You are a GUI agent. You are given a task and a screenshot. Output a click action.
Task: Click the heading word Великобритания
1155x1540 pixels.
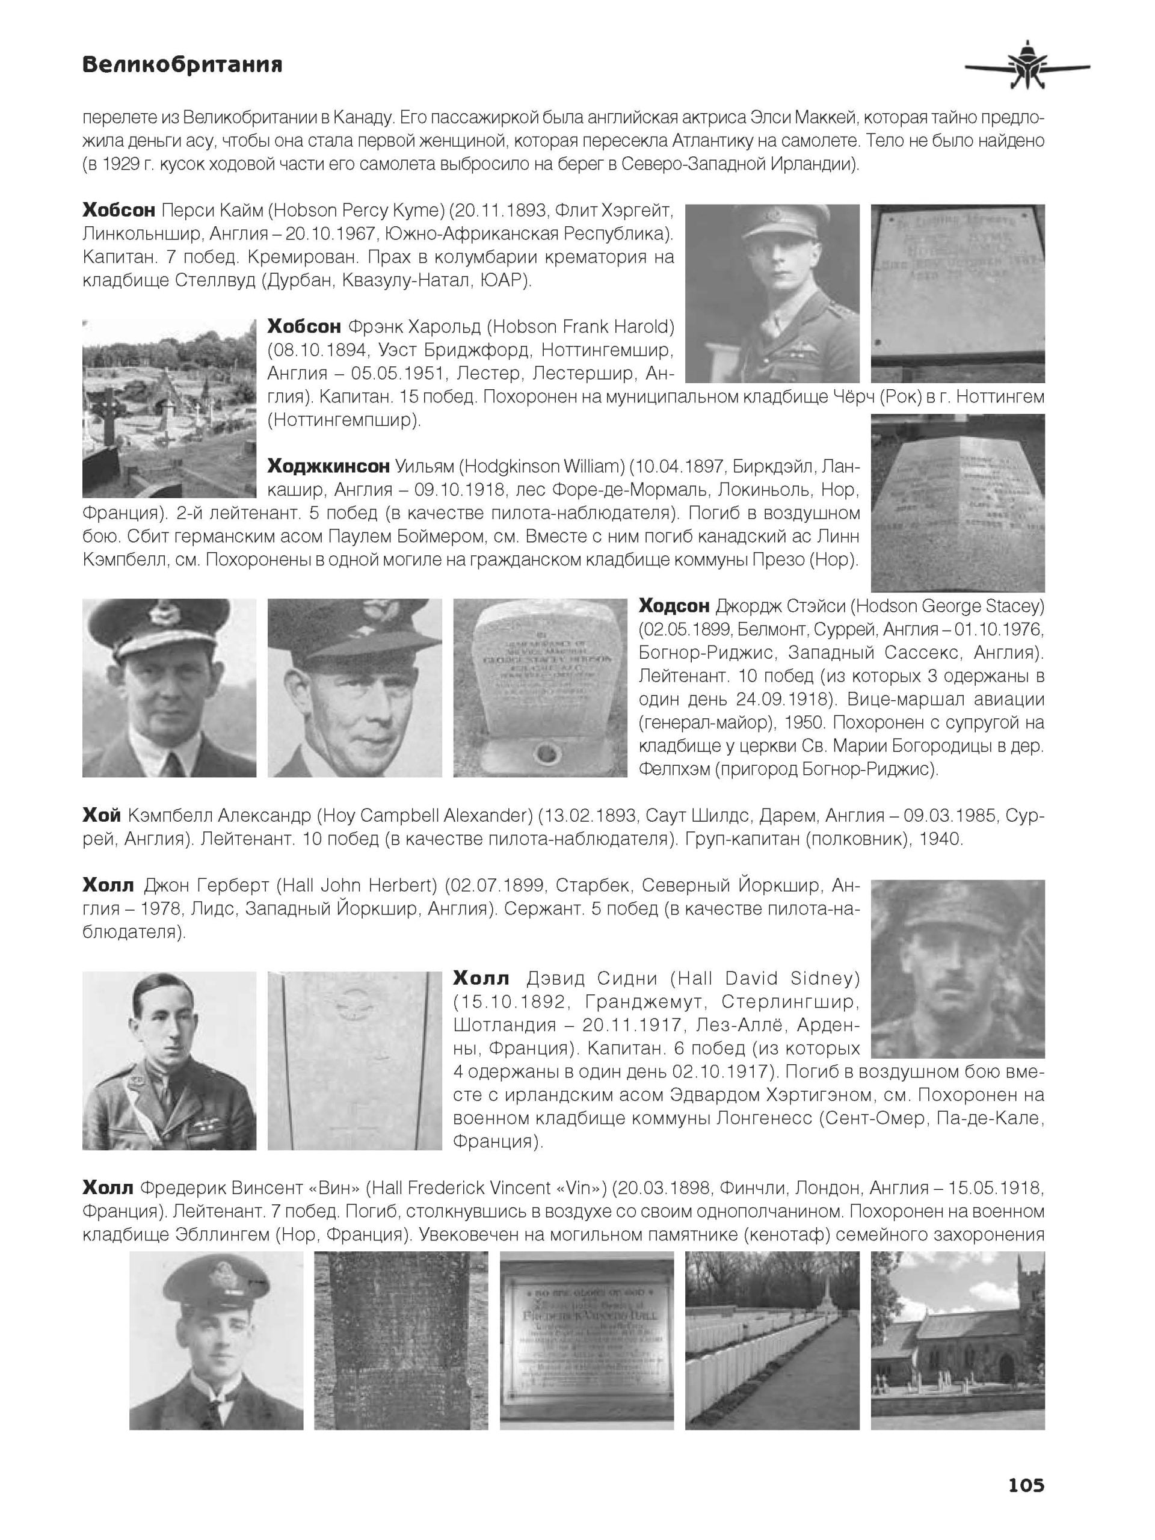(182, 65)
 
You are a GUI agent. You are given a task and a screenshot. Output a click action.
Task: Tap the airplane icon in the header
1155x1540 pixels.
(1027, 67)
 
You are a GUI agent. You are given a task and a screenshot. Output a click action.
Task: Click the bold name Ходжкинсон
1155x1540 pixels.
(328, 466)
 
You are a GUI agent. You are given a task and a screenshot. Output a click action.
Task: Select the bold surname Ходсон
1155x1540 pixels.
(674, 606)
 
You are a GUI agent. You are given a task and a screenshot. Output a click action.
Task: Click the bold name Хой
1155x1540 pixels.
(102, 815)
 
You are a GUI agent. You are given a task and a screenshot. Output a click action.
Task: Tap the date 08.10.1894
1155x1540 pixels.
(304, 350)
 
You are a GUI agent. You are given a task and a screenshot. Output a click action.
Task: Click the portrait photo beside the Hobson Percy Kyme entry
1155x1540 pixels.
(772, 293)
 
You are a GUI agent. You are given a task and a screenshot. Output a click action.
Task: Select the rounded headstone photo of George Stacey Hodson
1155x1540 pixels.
(540, 687)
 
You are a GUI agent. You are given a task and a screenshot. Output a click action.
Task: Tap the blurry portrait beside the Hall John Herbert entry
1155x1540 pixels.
(957, 969)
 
